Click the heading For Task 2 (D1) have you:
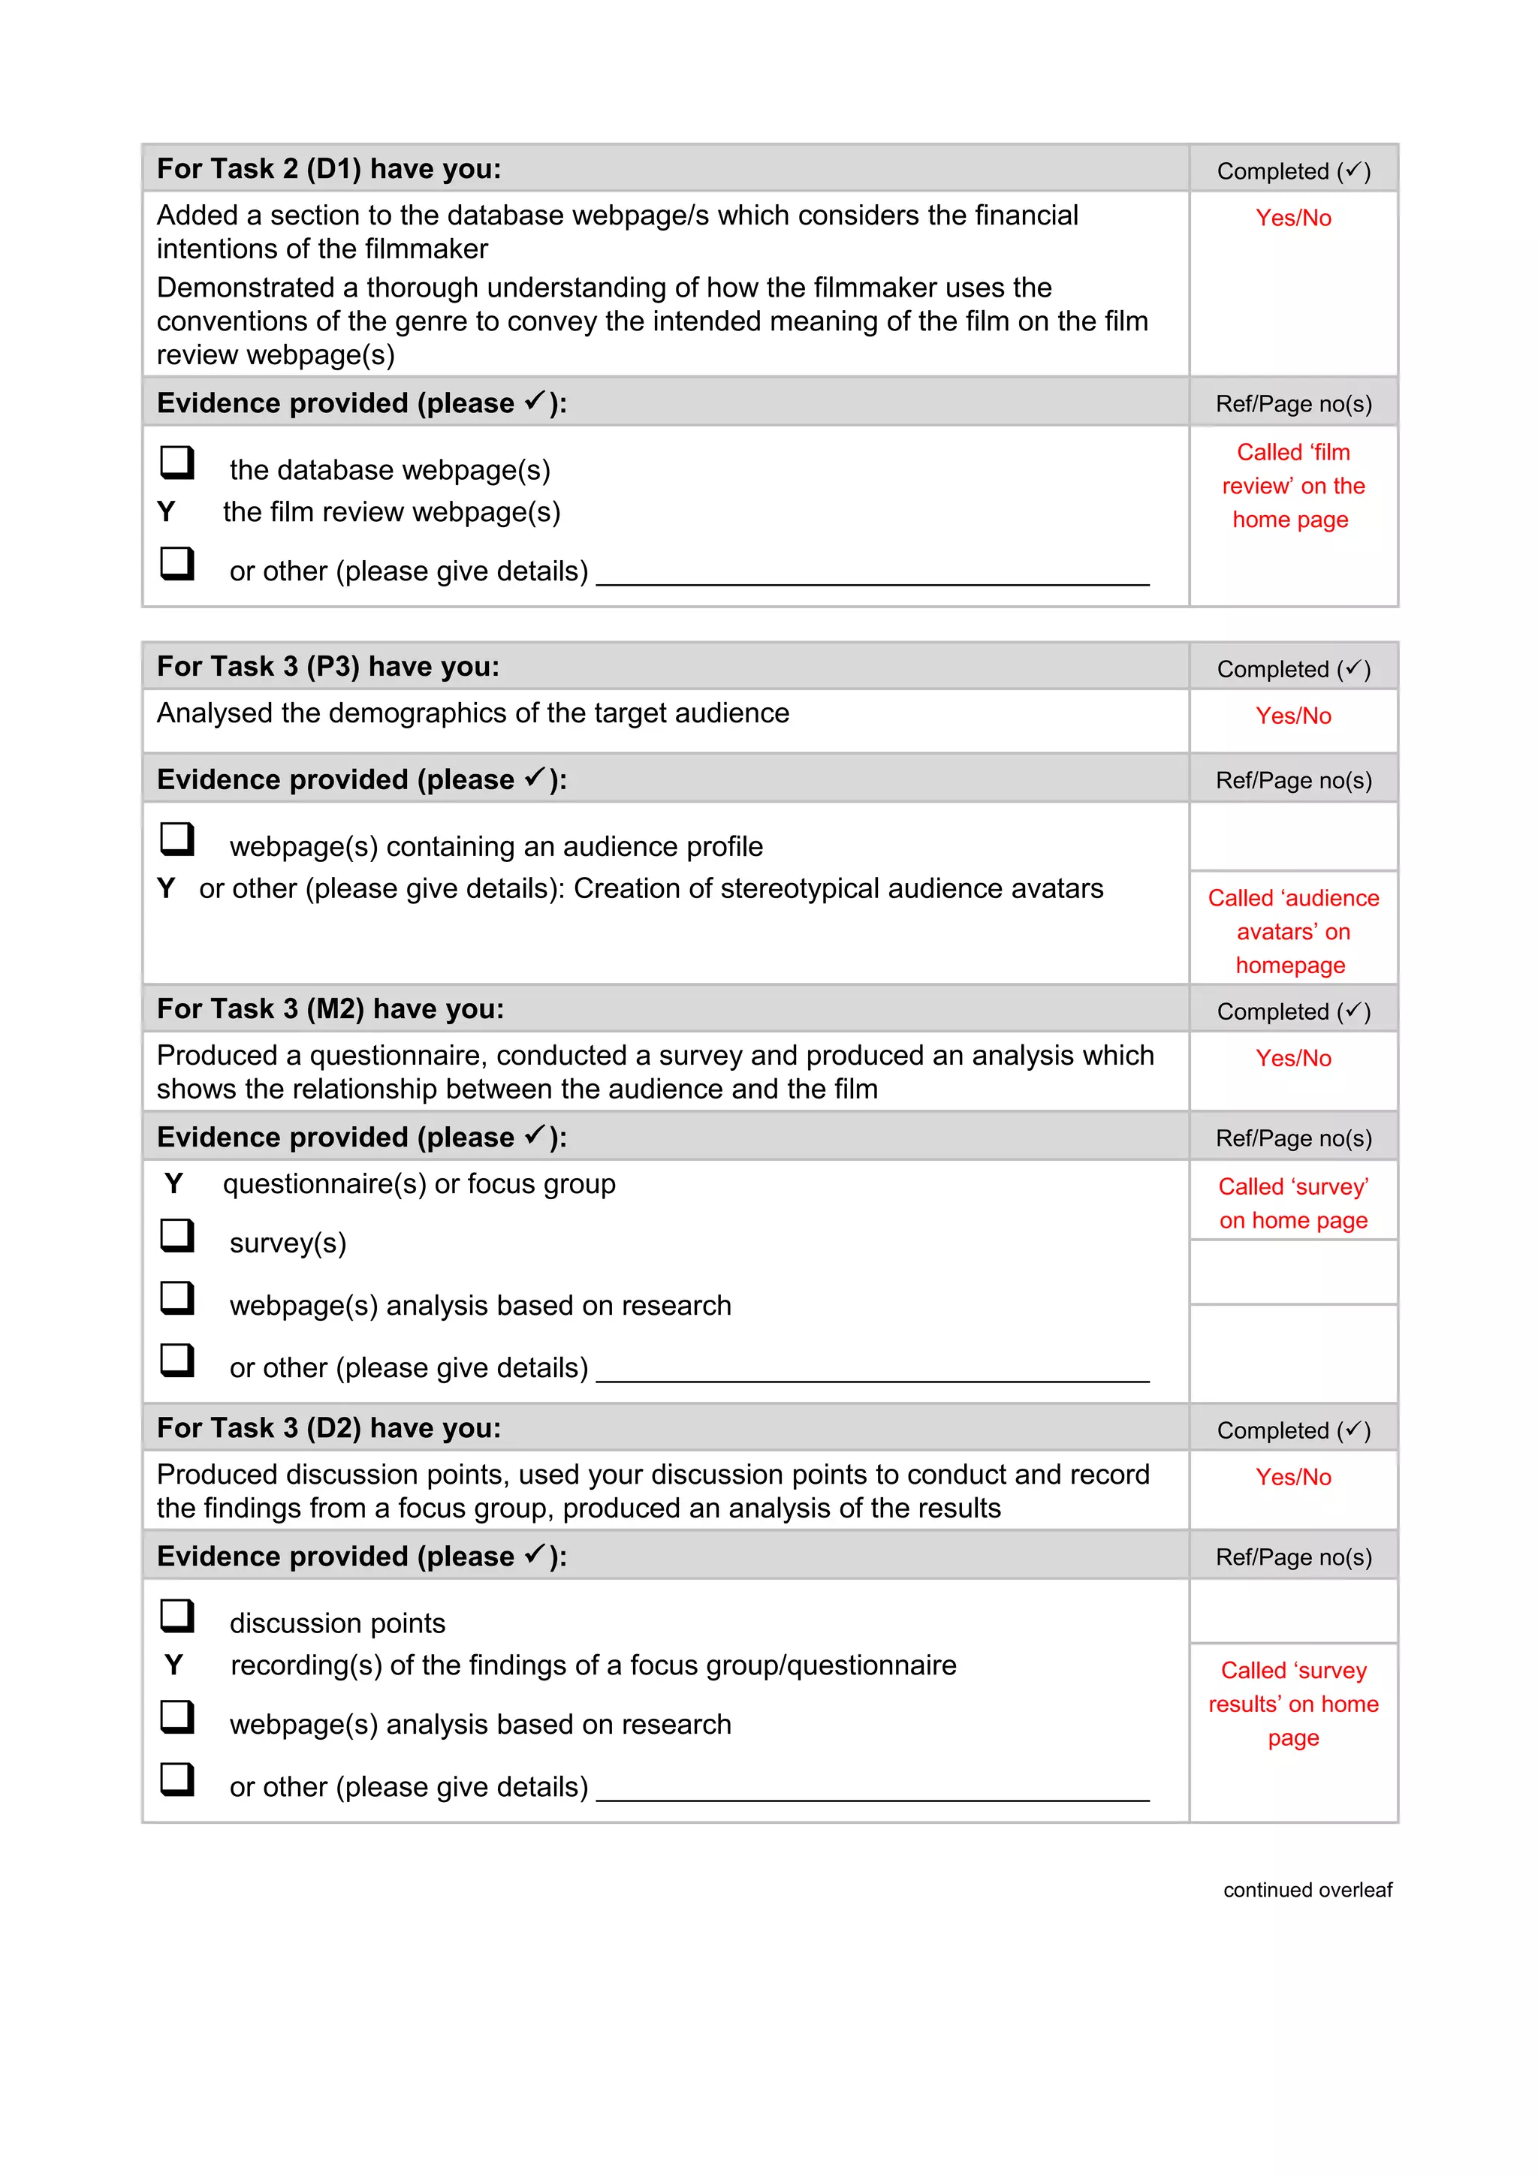click(329, 169)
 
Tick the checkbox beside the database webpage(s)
click(177, 463)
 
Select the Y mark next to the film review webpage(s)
click(166, 512)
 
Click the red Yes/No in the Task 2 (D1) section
click(1292, 218)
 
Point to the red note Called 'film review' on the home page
click(1292, 485)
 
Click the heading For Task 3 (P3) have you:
click(328, 666)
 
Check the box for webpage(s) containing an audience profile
click(177, 839)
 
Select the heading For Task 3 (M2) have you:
click(330, 1008)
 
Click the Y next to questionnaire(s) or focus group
click(173, 1183)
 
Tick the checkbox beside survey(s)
click(177, 1236)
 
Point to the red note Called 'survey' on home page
click(1292, 1203)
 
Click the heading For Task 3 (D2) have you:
click(329, 1427)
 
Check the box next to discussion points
click(177, 1616)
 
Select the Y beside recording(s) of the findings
click(173, 1665)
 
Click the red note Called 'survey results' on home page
click(1292, 1703)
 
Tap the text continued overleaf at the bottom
click(1307, 1890)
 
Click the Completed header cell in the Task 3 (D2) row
click(1292, 1430)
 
